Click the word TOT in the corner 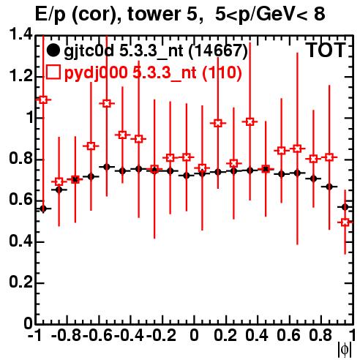click(326, 50)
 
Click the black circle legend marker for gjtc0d click(53, 50)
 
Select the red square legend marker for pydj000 click(53, 72)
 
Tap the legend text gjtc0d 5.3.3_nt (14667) click(156, 51)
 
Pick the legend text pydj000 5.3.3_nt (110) click(153, 72)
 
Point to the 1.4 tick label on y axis click(20, 34)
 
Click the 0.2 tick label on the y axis click(20, 282)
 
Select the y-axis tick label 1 click(29, 118)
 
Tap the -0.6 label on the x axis click(98, 335)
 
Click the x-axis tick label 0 click(195, 335)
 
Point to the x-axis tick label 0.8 click(320, 335)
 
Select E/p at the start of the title click(50, 15)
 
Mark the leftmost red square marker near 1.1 click(43, 100)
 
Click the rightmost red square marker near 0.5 click(345, 222)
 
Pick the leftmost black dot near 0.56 click(43, 209)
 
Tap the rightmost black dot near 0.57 click(345, 207)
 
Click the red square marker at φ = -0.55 click(107, 104)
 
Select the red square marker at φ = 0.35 click(250, 121)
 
